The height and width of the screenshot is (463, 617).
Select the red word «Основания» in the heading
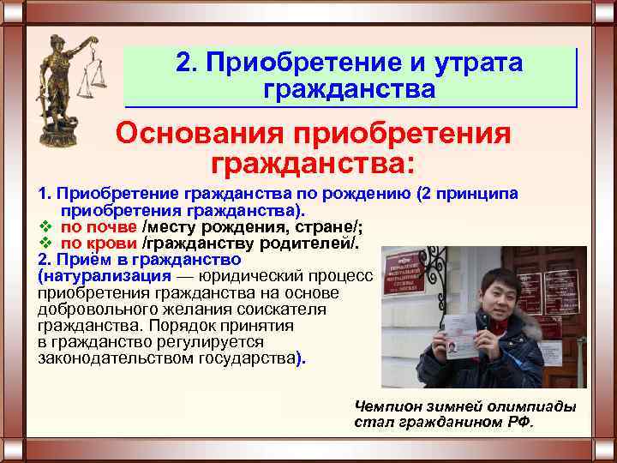pos(198,134)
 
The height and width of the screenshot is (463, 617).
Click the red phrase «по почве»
pos(98,226)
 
